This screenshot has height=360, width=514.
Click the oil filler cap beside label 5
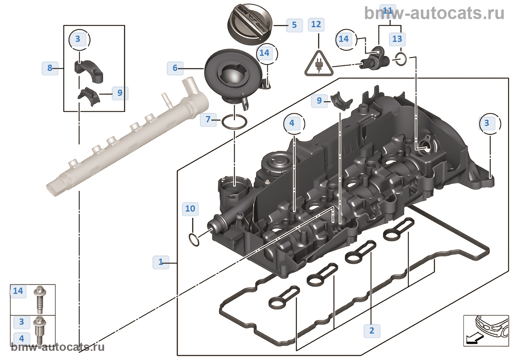[x=251, y=24]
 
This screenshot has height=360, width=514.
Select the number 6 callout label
[x=175, y=68]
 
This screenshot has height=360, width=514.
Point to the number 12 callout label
[x=316, y=25]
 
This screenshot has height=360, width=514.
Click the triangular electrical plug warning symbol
[x=319, y=65]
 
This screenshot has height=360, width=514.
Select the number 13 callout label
[x=397, y=39]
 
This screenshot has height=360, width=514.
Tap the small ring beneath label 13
[x=401, y=59]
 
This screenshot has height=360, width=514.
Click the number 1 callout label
[x=160, y=262]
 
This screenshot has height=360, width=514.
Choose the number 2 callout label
[x=372, y=331]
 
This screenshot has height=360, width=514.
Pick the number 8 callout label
[x=50, y=68]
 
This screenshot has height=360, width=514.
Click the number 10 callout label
[x=190, y=209]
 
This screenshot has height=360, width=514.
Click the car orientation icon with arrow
[x=485, y=330]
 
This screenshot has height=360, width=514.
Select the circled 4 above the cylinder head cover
[x=292, y=123]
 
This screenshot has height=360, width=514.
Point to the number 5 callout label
[x=294, y=25]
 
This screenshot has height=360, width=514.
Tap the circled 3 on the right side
[x=487, y=123]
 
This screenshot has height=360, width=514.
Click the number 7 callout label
[x=208, y=119]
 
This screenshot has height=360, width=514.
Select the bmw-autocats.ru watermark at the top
[x=434, y=14]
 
